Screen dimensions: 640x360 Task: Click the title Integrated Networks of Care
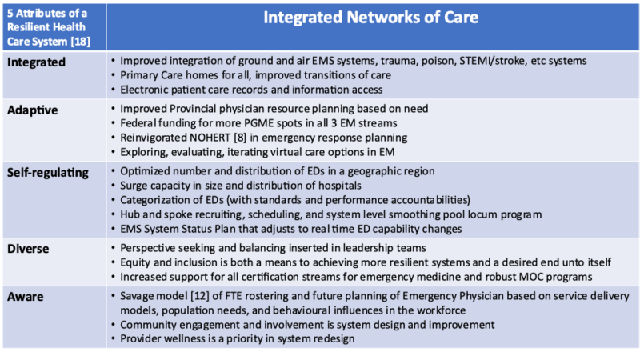coord(370,18)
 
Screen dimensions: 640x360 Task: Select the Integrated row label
coord(36,62)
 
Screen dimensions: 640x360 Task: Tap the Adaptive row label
coord(32,110)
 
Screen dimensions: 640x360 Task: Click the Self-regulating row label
coord(48,173)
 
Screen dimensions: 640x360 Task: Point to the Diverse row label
coord(28,249)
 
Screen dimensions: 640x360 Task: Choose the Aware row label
coord(25,297)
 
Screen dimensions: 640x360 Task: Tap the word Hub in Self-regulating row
coord(130,214)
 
